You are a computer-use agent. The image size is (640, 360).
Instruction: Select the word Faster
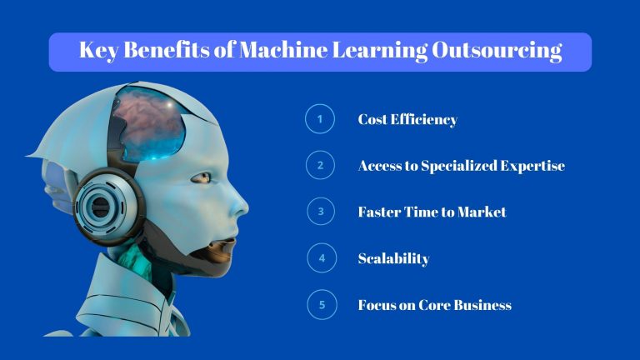(380, 212)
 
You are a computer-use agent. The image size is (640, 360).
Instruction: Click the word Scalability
(393, 258)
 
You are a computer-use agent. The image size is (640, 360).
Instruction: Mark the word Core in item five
(427, 305)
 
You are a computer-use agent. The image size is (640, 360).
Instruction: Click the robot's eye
(201, 177)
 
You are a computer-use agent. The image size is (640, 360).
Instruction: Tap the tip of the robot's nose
(247, 207)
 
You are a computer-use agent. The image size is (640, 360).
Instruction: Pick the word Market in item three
(479, 212)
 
